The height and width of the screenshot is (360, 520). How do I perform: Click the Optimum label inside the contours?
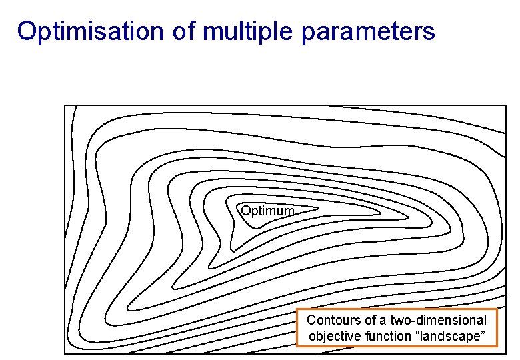267,211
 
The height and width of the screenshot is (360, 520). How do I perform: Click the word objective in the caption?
336,337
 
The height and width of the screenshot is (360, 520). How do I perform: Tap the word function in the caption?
389,337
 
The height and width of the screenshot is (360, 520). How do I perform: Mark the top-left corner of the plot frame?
65,105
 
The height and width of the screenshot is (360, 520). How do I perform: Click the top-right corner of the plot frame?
506,105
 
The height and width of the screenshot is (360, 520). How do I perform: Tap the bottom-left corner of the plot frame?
65,353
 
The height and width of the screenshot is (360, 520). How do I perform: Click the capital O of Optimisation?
27,31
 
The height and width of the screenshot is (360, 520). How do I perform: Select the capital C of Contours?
311,321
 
